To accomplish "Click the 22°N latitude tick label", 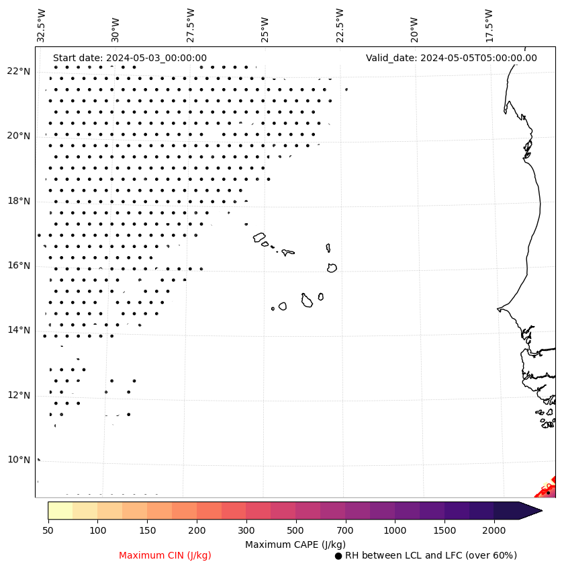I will pos(19,71).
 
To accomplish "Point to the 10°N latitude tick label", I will pos(19,460).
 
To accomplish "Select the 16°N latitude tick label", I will pos(19,266).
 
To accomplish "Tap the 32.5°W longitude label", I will pos(42,26).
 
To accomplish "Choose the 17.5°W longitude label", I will pos(489,26).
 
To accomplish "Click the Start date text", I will pos(130,58).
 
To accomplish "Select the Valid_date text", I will pos(451,58).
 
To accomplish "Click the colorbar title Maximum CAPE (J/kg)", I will pos(295,544).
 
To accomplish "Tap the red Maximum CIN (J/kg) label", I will pos(165,555).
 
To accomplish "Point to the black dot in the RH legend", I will pos(338,556).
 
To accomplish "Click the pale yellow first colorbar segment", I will pos(60,510).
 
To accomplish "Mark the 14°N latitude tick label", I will pos(19,330).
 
